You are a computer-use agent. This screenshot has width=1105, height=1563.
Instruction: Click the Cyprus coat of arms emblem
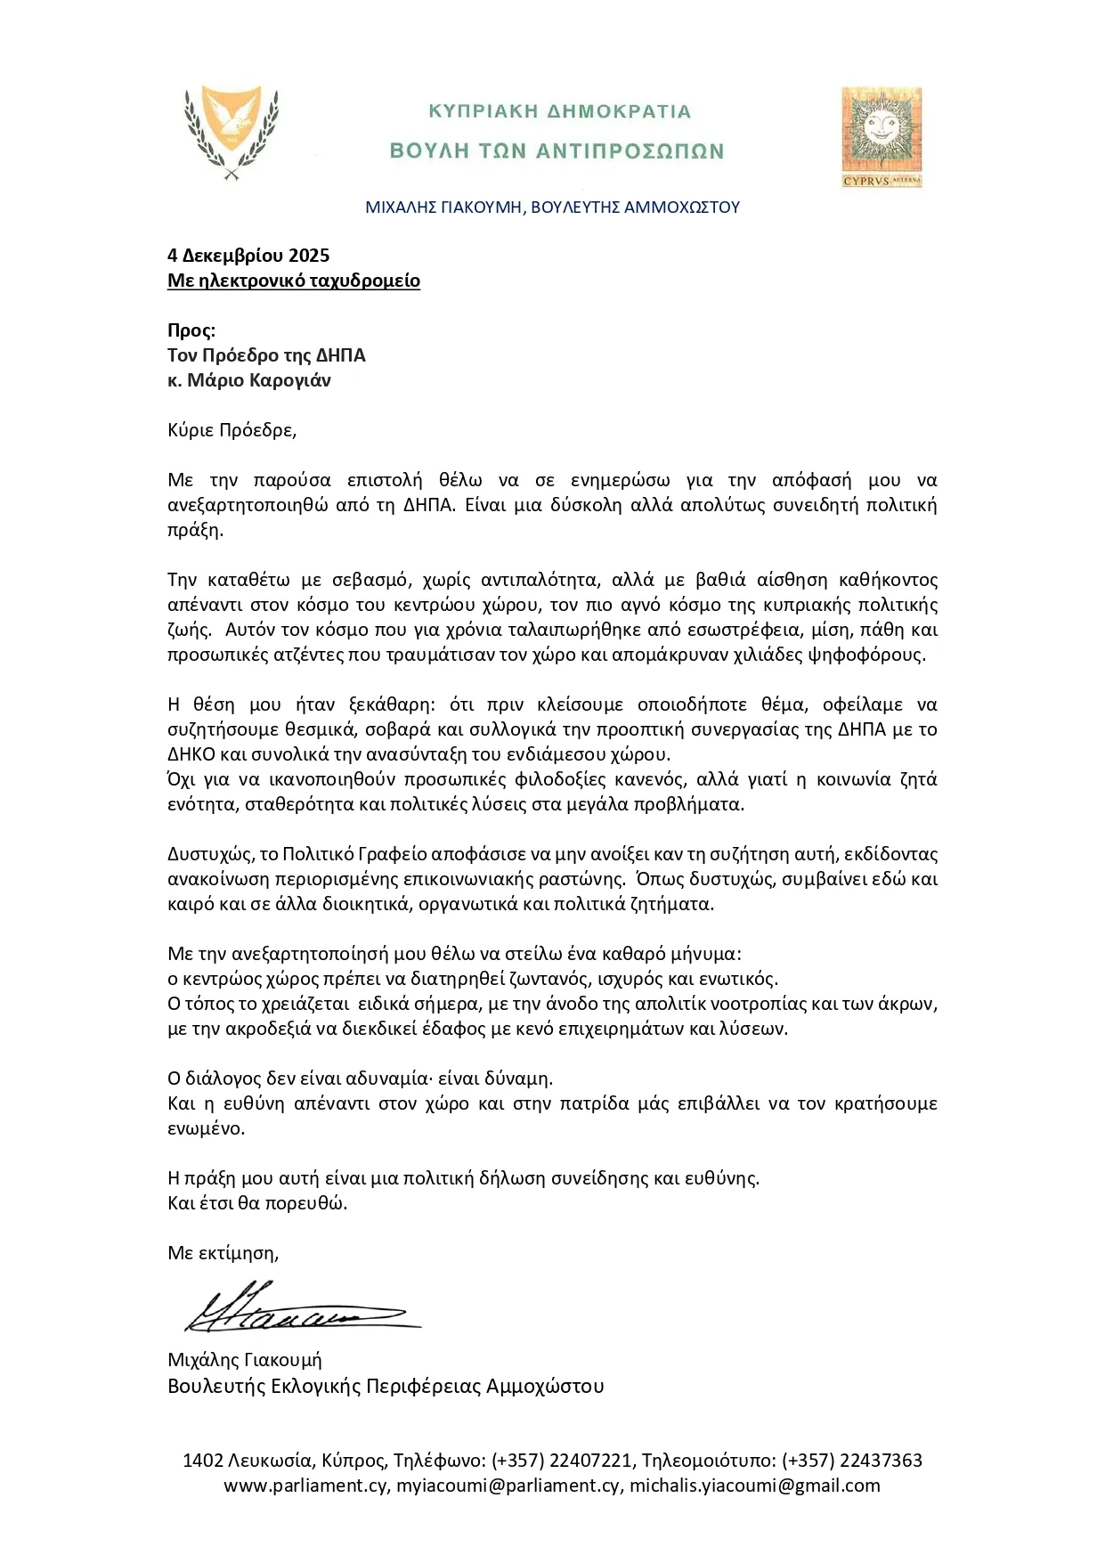coord(232,132)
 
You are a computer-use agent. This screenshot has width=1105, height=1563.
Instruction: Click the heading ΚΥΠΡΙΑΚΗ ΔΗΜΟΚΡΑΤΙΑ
coord(559,111)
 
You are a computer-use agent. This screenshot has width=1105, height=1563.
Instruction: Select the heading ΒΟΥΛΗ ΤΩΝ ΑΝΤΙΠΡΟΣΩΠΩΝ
coord(557,151)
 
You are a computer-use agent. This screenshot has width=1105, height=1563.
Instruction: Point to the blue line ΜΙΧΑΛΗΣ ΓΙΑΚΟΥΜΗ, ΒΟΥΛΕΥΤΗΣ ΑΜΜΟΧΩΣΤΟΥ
coord(552,208)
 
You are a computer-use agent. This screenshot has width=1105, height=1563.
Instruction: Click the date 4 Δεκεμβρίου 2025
coord(248,256)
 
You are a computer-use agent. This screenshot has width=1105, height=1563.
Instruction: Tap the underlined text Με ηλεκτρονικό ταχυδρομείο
coord(294,281)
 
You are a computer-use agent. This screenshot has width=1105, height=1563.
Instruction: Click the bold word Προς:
coord(191,330)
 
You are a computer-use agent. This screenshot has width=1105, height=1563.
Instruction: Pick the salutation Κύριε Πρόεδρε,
coord(232,430)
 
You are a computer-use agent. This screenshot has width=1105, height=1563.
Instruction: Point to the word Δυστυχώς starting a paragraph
coord(209,854)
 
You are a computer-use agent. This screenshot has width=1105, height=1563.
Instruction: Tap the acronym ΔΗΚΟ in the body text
coord(191,754)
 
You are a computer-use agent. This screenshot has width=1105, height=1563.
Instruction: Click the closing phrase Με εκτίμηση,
coord(223,1253)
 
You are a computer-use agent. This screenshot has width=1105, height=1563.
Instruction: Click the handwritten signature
coord(298,1309)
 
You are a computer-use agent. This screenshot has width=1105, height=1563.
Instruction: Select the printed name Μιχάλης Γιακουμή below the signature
coord(245,1360)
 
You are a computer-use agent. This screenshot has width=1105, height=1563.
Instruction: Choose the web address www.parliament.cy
coord(305,1486)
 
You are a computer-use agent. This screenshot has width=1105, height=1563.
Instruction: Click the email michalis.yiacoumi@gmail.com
coord(755,1486)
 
